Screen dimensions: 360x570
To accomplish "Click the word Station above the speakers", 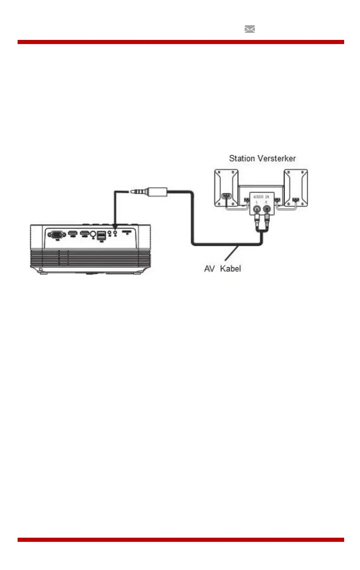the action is point(241,159).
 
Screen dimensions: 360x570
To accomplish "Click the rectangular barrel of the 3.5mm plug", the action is point(158,191).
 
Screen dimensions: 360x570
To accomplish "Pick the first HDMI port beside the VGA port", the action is point(73,234).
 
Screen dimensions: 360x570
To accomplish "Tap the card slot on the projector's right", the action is point(126,233).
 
